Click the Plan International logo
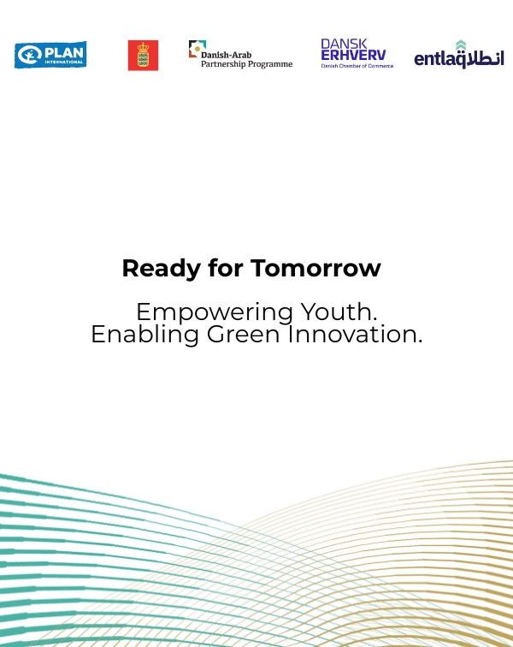(50, 55)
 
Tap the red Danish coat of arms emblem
(143, 56)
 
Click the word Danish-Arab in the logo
(226, 55)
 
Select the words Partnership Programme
(246, 64)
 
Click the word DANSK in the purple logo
(344, 44)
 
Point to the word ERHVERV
(353, 56)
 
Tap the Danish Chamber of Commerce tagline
(357, 66)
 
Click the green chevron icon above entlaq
(461, 45)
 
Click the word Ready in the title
(162, 269)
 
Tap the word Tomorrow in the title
(315, 268)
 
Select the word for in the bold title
(226, 268)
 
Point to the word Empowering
(215, 312)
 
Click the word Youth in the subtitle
(339, 312)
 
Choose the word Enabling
(144, 335)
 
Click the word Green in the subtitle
(244, 335)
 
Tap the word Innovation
(355, 335)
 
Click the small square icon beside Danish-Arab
(198, 49)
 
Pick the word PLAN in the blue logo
(64, 53)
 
